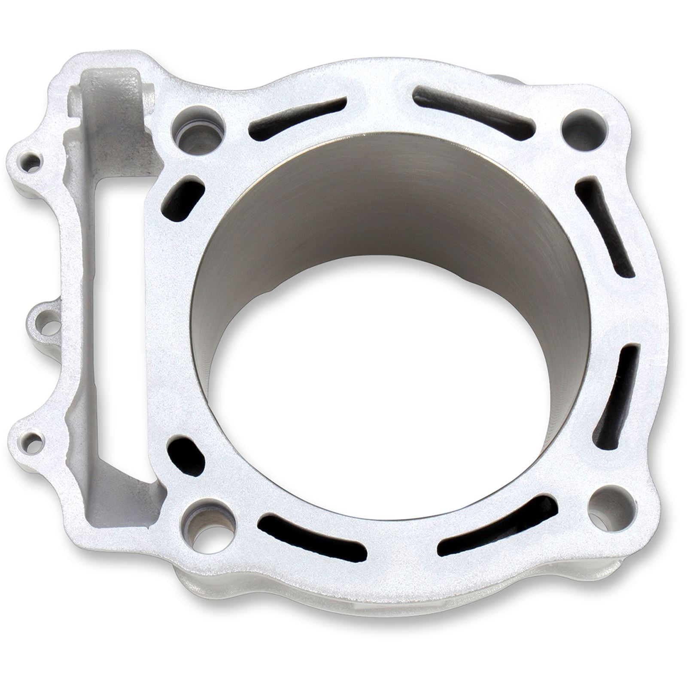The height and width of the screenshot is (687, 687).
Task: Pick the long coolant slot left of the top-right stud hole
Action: tap(472, 107)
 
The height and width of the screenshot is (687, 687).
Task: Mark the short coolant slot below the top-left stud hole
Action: tap(182, 200)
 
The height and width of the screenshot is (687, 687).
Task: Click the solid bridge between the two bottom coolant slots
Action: tap(404, 547)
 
